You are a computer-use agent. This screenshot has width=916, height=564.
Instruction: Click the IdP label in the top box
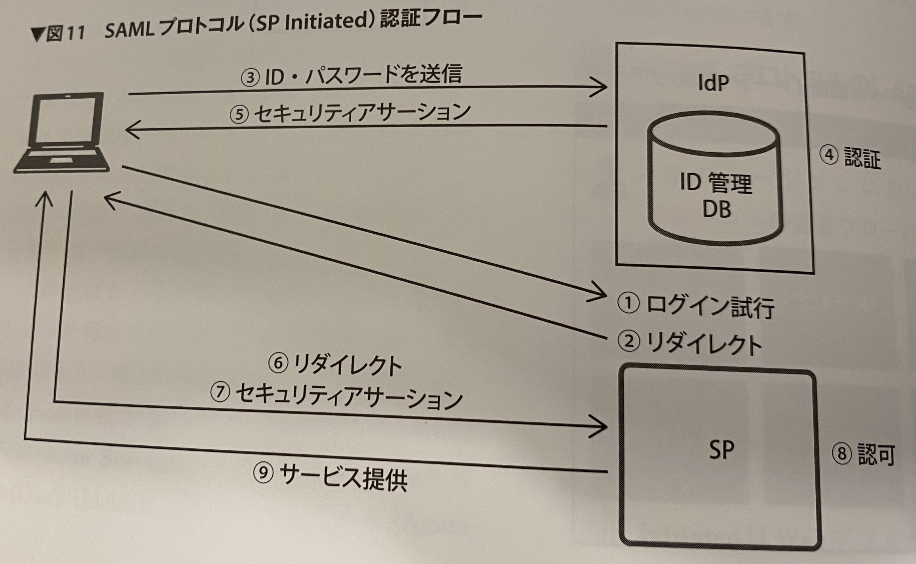713,83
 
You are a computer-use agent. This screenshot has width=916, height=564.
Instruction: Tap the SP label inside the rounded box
721,450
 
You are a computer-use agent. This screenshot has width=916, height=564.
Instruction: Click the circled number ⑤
239,114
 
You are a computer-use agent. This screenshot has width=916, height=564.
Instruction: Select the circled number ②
629,342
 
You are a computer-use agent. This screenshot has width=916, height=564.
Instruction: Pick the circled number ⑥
278,364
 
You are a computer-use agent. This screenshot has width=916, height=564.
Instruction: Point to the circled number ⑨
263,473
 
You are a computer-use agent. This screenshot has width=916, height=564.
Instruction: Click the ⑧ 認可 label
863,454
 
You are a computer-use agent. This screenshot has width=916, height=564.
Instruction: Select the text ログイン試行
710,307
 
